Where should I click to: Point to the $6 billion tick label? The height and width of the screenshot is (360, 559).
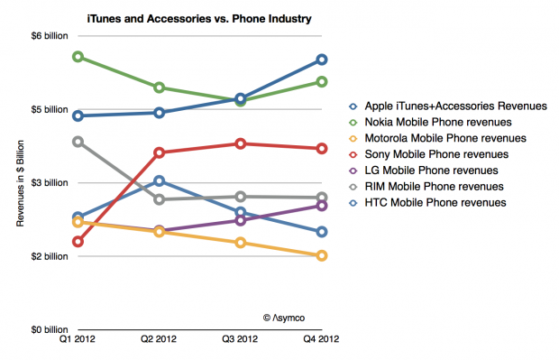click(42, 36)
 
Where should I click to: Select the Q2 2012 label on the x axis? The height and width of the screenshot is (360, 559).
click(159, 342)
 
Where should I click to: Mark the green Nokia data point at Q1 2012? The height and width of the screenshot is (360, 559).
click(79, 57)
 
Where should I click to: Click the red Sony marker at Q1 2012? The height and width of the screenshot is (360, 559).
click(79, 242)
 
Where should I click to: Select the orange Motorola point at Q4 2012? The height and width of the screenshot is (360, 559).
click(320, 255)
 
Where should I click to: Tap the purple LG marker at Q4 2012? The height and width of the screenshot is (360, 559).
click(320, 206)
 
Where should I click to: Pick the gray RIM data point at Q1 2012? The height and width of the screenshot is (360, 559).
click(79, 142)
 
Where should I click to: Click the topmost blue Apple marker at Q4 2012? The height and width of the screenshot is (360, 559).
click(320, 60)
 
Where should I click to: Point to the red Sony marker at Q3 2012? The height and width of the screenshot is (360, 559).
click(240, 143)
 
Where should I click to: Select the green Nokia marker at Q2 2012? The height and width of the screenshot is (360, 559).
click(160, 88)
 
